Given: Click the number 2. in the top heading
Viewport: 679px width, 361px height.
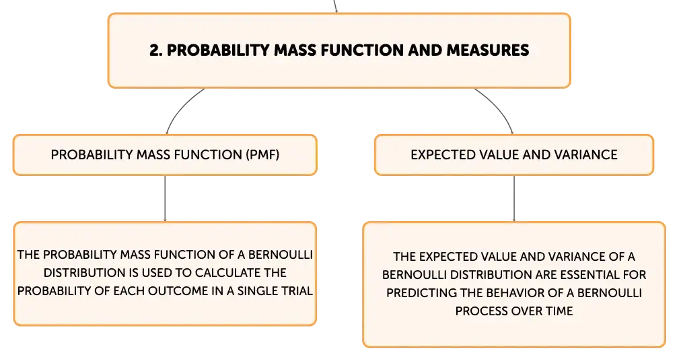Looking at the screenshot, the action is pyautogui.click(x=156, y=50).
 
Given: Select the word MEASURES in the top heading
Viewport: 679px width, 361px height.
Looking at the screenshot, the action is pyautogui.click(x=488, y=50).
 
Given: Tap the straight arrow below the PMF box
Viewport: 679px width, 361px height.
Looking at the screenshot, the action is pyautogui.click(x=165, y=199).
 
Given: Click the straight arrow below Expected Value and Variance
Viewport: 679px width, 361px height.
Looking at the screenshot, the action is pyautogui.click(x=514, y=199).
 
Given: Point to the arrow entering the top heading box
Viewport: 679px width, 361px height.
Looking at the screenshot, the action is pyautogui.click(x=335, y=7).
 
